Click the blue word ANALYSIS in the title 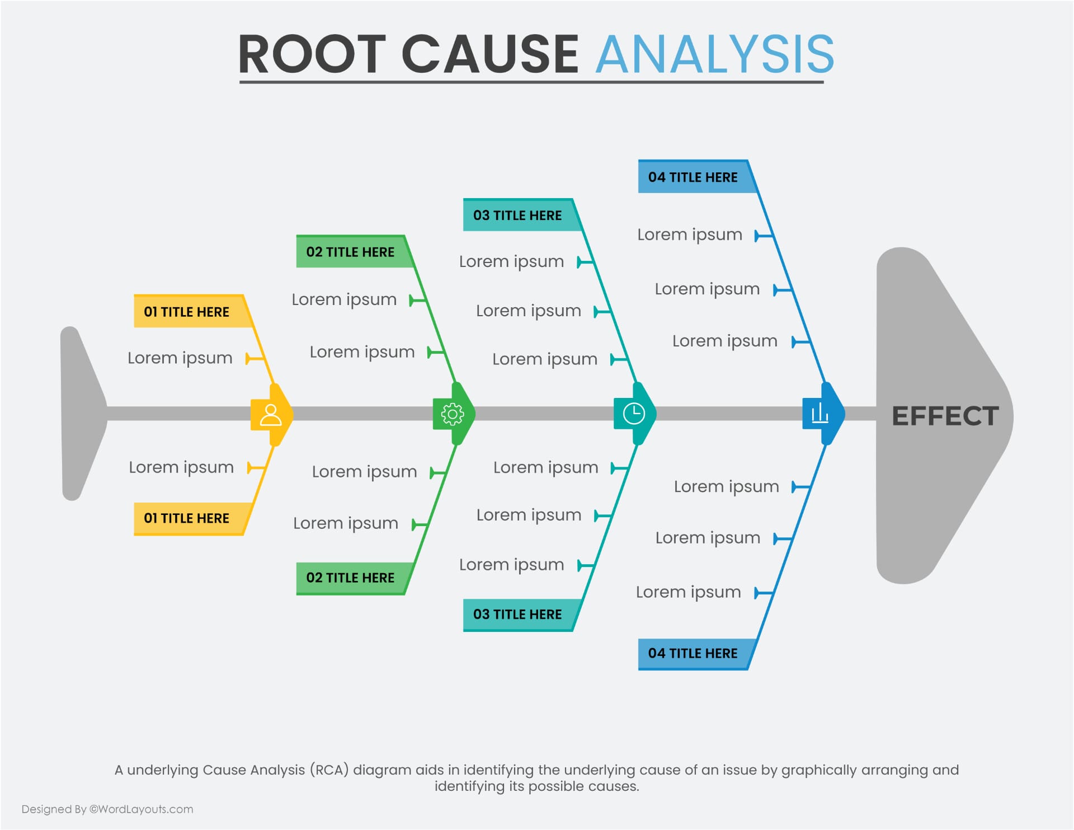tap(714, 54)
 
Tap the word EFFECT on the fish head tap(945, 416)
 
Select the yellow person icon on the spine tap(271, 415)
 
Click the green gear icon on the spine tap(453, 414)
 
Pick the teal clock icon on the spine tap(633, 414)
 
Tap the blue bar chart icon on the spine tap(819, 414)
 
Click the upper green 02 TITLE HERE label tap(350, 252)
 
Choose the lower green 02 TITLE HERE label tap(350, 578)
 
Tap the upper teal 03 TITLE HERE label tap(517, 215)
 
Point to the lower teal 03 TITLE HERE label tap(517, 614)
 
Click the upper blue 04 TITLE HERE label tap(693, 177)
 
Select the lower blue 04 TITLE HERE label tap(693, 653)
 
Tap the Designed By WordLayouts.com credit tap(107, 809)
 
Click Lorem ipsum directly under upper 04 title tap(690, 235)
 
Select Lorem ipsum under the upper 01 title tap(180, 358)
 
